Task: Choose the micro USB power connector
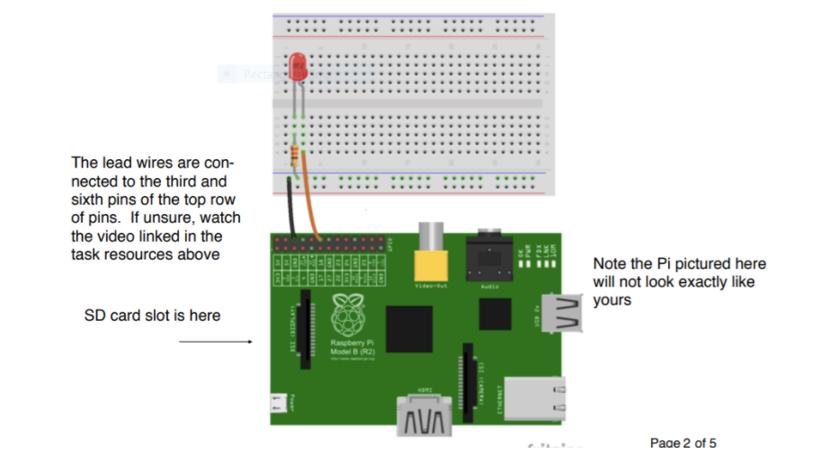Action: click(280, 404)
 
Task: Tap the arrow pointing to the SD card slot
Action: click(215, 342)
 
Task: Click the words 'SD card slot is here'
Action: click(152, 315)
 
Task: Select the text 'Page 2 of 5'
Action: click(682, 441)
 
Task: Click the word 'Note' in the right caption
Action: click(610, 263)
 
